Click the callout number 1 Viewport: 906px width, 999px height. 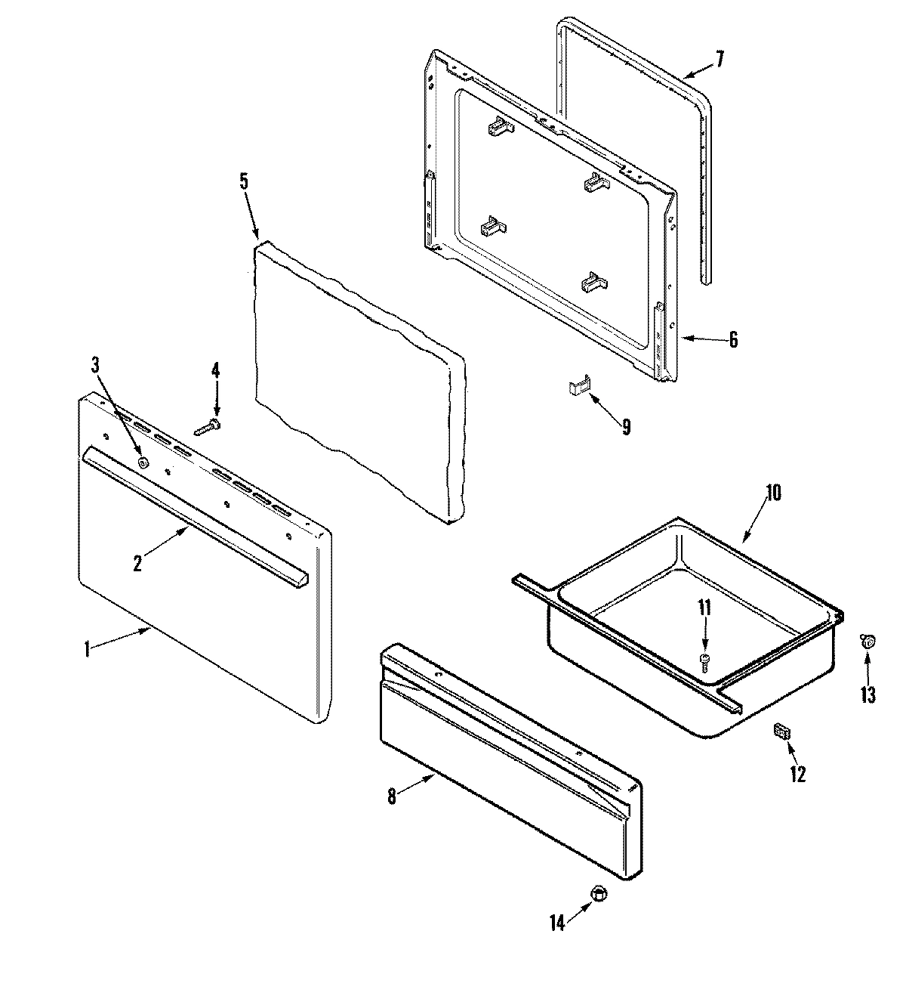click(87, 648)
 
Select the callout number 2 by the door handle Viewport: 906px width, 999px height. click(137, 563)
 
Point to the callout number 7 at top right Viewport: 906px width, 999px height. click(720, 59)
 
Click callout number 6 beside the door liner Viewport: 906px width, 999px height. click(733, 340)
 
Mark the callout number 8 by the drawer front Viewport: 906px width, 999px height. click(391, 797)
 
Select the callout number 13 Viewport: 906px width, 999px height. click(868, 694)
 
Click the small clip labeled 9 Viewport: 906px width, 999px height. click(578, 388)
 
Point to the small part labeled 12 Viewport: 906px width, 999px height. click(781, 731)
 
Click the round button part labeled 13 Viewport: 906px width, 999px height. click(868, 642)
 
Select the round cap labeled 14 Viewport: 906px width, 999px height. click(599, 894)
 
